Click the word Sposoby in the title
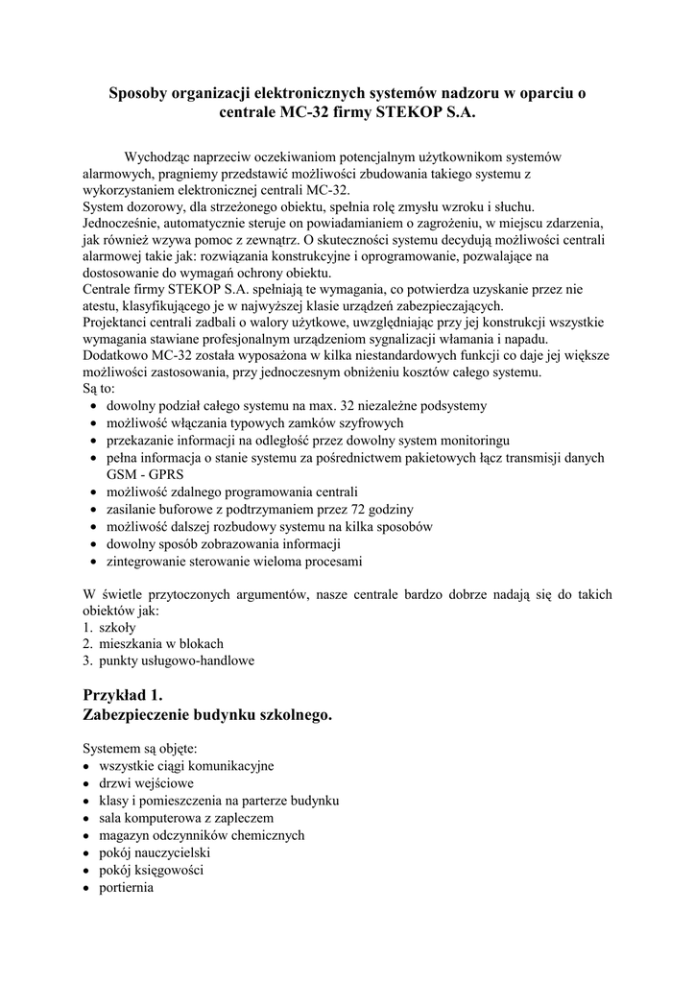click(x=141, y=93)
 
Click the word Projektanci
click(x=120, y=323)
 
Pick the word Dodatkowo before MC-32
click(x=119, y=355)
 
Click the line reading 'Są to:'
click(x=99, y=389)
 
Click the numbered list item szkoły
click(x=118, y=627)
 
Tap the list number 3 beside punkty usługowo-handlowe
click(x=86, y=660)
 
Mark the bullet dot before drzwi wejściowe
click(x=86, y=783)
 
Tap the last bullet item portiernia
click(x=126, y=887)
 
